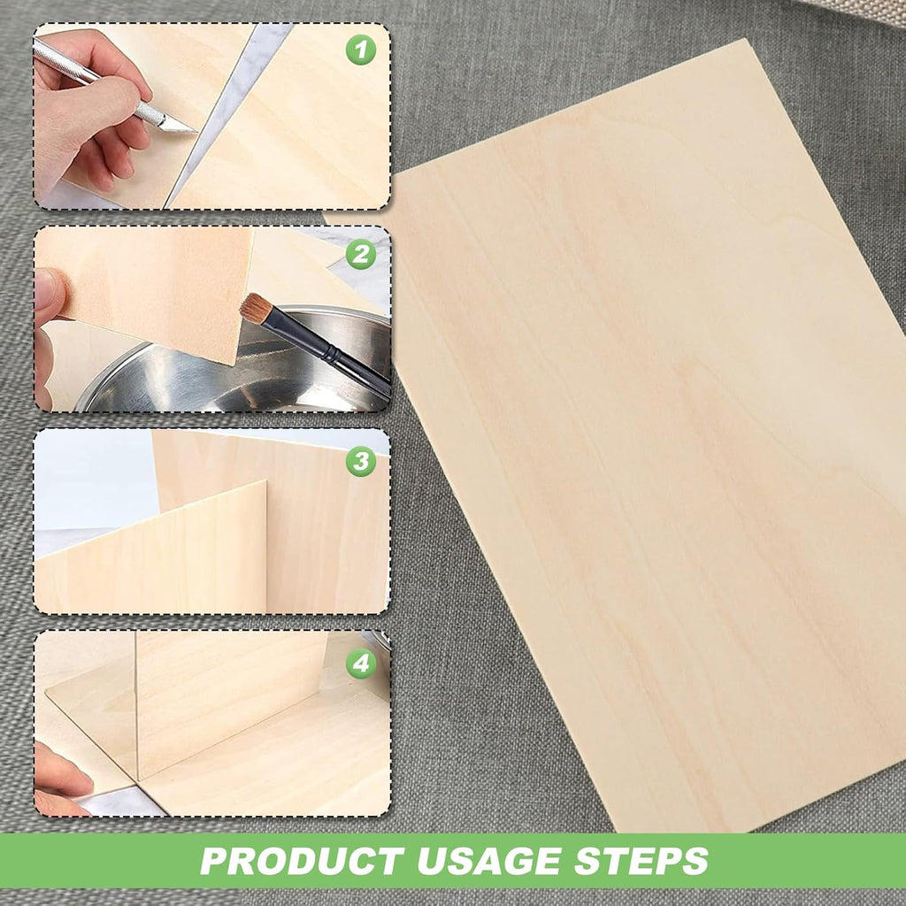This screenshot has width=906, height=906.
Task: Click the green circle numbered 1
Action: (361, 50)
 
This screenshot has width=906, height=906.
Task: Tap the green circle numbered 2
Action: (361, 254)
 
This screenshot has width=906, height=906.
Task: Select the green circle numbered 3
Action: (361, 460)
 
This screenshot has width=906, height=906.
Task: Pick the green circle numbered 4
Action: (361, 663)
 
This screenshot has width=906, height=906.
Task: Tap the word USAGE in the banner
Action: (488, 861)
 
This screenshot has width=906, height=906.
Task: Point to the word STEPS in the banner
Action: (641, 861)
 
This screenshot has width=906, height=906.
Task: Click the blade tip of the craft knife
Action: (196, 132)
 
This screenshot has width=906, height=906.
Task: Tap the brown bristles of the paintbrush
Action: (256, 307)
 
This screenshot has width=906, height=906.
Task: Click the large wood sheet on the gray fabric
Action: (653, 439)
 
